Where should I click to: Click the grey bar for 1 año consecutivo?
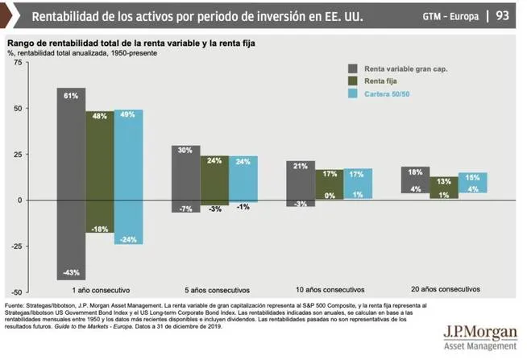[x=71, y=184]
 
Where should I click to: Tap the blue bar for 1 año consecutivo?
[x=128, y=176]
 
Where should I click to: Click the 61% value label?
[x=71, y=96]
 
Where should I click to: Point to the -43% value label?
[x=71, y=271]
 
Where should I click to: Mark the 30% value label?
[x=186, y=151]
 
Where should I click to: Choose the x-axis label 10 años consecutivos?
[x=330, y=288]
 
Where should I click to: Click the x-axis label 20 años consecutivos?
[x=445, y=288]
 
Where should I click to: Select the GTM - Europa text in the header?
[x=450, y=16]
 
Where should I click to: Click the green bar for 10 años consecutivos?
[x=330, y=184]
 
